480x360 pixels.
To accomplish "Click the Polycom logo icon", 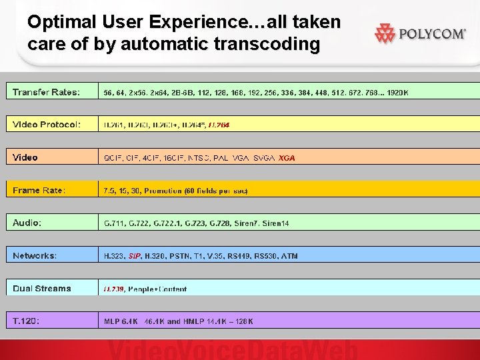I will tap(385, 33).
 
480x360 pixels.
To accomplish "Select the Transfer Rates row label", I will tap(46, 92).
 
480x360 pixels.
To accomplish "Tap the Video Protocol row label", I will tap(47, 125).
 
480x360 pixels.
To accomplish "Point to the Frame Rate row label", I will tap(39, 191).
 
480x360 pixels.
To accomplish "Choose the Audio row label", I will tap(27, 223).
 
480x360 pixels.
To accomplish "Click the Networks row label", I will tap(35, 255).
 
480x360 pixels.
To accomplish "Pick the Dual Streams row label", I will tap(41, 289).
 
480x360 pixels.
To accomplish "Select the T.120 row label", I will tap(26, 321).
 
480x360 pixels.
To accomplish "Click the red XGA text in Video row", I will tap(287, 158).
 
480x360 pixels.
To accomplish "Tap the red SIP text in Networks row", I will tap(135, 256).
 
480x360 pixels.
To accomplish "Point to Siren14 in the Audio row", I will tap(275, 223).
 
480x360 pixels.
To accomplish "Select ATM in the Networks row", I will tap(289, 256).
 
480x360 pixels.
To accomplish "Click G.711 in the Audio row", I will tap(113, 223).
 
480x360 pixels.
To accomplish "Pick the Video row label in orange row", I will tap(25, 157).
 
